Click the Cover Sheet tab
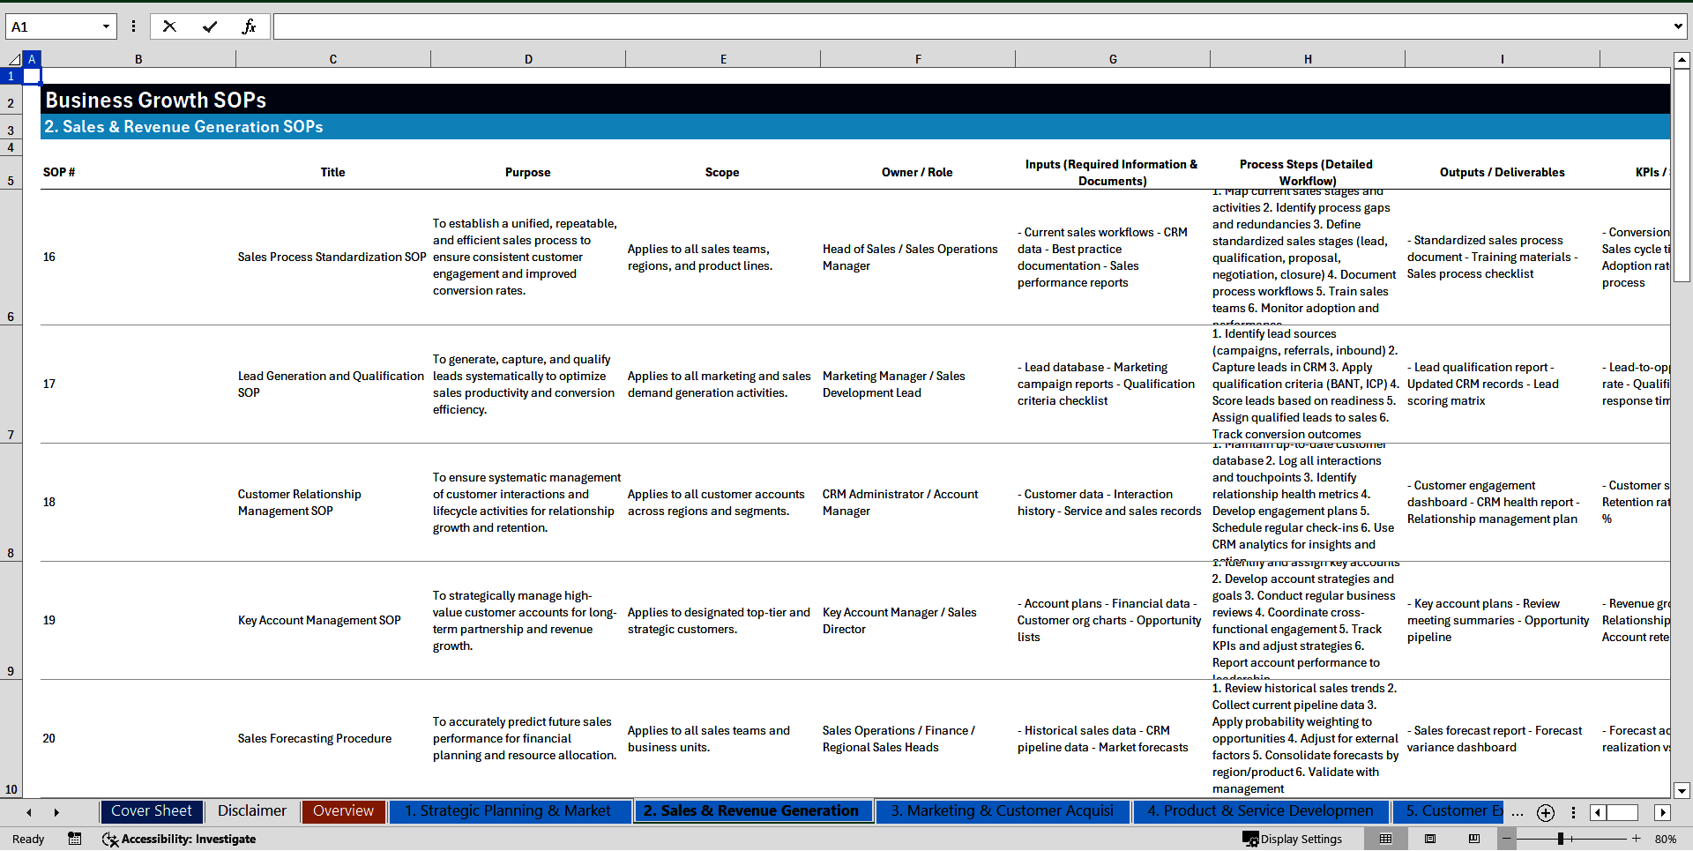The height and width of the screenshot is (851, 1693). click(152, 811)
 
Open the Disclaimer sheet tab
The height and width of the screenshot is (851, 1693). click(252, 811)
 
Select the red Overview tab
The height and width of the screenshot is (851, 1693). click(343, 811)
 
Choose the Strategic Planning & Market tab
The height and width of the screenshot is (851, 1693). click(508, 811)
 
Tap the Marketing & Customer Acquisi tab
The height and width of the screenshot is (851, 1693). click(1002, 811)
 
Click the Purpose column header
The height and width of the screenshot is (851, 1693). click(527, 173)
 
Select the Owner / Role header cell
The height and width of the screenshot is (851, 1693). click(917, 173)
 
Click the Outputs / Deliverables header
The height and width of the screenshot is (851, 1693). click(1502, 173)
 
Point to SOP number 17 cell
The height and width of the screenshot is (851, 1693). click(49, 384)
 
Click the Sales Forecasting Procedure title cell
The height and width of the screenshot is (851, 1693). click(315, 739)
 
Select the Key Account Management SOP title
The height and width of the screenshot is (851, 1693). click(319, 621)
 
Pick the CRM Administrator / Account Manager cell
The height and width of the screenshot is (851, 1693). click(900, 503)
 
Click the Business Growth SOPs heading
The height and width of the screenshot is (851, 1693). click(156, 101)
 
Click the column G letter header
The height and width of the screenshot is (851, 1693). click(1113, 60)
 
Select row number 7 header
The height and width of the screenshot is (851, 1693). click(11, 435)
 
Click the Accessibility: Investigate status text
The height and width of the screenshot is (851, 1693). click(188, 840)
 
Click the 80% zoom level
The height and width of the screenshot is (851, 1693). click(1666, 840)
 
